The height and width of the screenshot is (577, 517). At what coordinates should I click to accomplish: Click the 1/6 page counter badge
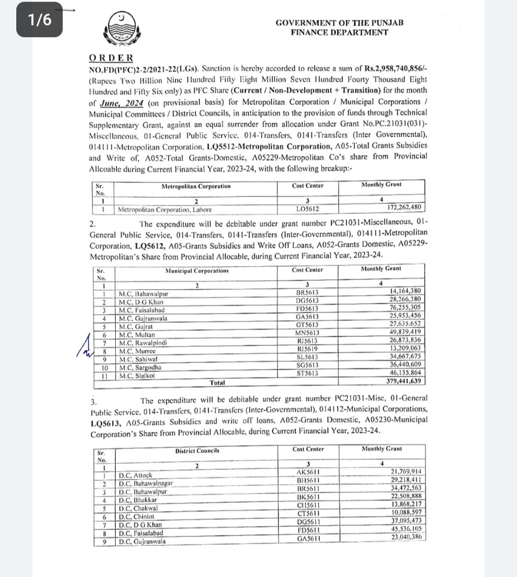click(x=39, y=20)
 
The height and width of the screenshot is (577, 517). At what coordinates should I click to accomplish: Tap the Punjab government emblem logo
click(x=119, y=29)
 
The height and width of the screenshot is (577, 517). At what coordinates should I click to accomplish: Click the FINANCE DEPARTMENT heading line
click(x=339, y=33)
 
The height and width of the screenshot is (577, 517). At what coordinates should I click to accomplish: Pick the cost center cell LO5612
click(x=307, y=209)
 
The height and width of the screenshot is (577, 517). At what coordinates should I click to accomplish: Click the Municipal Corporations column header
click(x=197, y=271)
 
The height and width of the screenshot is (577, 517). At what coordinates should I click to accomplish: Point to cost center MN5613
click(x=307, y=333)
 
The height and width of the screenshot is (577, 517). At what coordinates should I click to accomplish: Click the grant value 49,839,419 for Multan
click(x=405, y=332)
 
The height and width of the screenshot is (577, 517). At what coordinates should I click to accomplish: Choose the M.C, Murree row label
click(x=137, y=351)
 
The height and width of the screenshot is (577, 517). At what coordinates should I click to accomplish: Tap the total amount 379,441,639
click(x=404, y=381)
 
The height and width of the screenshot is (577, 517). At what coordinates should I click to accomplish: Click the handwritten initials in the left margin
click(x=85, y=346)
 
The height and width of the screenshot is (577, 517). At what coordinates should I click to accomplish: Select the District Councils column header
click(x=197, y=450)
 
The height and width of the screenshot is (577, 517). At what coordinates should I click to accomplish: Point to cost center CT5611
click(x=308, y=513)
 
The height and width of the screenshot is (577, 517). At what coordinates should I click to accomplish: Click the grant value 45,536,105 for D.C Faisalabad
click(x=406, y=529)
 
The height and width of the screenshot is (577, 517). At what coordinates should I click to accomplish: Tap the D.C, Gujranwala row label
click(x=142, y=542)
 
